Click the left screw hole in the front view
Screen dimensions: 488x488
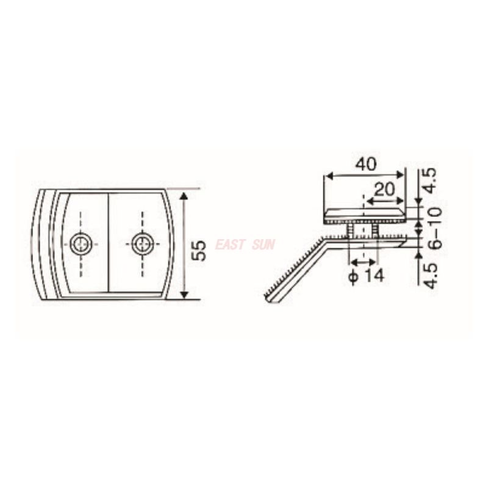click(x=81, y=245)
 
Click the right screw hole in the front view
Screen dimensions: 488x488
click(x=143, y=245)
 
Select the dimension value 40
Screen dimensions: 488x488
click(x=365, y=163)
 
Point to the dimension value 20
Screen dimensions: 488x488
click(x=384, y=189)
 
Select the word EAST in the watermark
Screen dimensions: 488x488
click(x=231, y=245)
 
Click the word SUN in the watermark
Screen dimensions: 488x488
click(x=263, y=245)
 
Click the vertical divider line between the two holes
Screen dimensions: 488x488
click(x=109, y=244)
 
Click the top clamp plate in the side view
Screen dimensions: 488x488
click(x=364, y=213)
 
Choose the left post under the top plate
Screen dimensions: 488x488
click(x=351, y=229)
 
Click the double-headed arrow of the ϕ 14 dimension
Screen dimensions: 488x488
click(x=362, y=262)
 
